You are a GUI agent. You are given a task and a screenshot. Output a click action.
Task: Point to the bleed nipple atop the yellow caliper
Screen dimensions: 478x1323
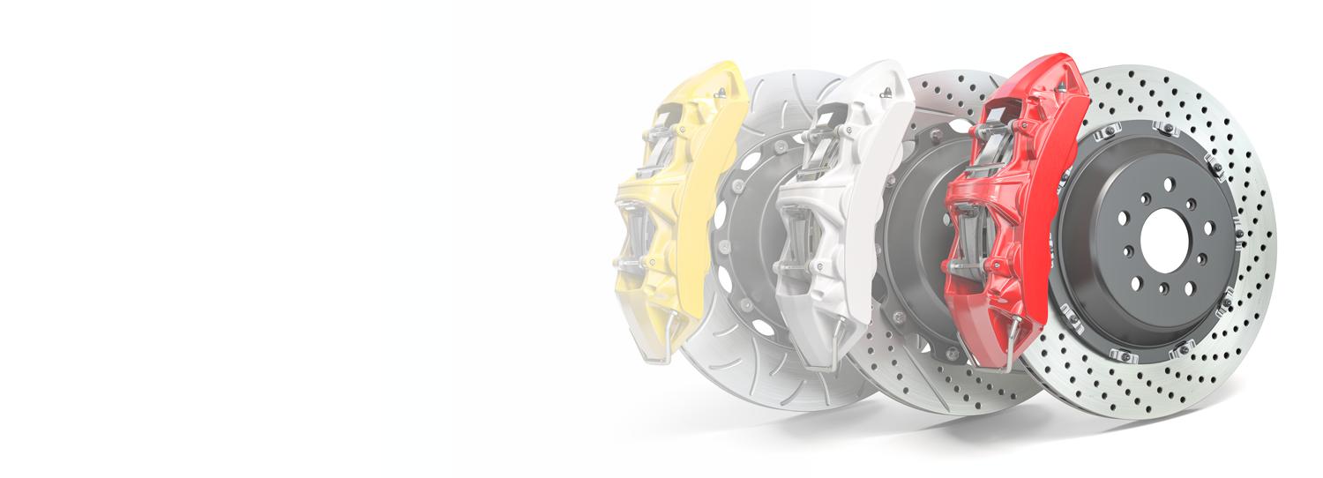[721, 92]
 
